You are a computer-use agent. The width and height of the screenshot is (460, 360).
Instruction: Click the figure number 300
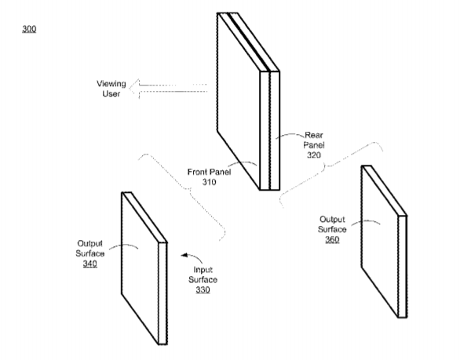pos(29,29)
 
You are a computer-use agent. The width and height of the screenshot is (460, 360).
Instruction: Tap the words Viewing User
pos(111,89)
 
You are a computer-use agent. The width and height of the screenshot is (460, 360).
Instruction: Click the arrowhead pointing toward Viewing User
pos(134,89)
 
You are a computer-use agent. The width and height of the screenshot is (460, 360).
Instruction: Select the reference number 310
pos(209,182)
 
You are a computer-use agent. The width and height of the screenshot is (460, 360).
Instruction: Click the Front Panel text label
pos(209,172)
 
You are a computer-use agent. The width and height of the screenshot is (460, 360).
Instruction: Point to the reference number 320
pos(314,155)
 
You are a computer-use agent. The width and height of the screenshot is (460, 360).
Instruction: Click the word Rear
pos(314,135)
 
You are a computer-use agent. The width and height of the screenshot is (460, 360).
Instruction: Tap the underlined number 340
pos(89,264)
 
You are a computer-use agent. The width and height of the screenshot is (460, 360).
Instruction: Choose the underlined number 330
pos(203,289)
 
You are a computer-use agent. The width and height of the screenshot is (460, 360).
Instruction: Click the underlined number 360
pos(332,239)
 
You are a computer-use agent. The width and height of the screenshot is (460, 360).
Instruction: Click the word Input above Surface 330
pos(203,270)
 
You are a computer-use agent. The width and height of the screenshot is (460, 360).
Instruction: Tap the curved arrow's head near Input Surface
pos(184,256)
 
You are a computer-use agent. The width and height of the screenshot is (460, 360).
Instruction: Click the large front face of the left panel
pos(140,268)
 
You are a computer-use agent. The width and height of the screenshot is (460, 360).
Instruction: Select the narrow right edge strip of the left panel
pos(162,293)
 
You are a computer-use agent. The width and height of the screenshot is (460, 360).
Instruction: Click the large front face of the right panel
pos(380,241)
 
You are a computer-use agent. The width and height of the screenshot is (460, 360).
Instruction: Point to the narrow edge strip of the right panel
pos(403,267)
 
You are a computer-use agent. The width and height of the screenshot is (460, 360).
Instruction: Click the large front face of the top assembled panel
pos(239,101)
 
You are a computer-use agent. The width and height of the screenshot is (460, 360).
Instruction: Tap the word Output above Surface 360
pos(332,220)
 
